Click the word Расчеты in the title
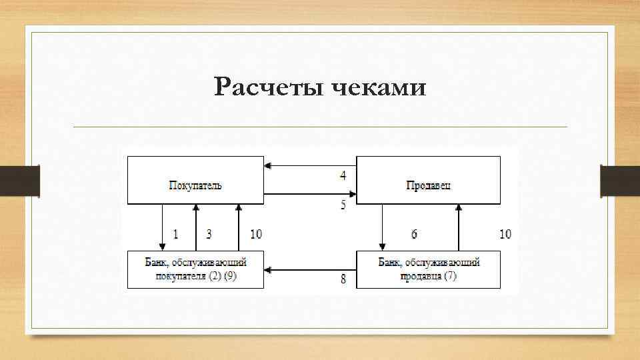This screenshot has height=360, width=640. click(x=267, y=87)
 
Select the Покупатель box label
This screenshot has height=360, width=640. click(x=195, y=185)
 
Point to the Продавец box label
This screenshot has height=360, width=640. click(x=428, y=185)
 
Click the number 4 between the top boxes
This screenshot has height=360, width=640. click(x=343, y=176)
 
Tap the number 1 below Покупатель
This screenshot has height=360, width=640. click(x=176, y=234)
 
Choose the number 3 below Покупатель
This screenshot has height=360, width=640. click(x=209, y=234)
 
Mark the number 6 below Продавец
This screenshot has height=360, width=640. click(x=414, y=234)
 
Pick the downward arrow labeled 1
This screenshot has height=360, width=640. click(x=162, y=227)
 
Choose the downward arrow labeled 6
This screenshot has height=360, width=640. click(x=382, y=227)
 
